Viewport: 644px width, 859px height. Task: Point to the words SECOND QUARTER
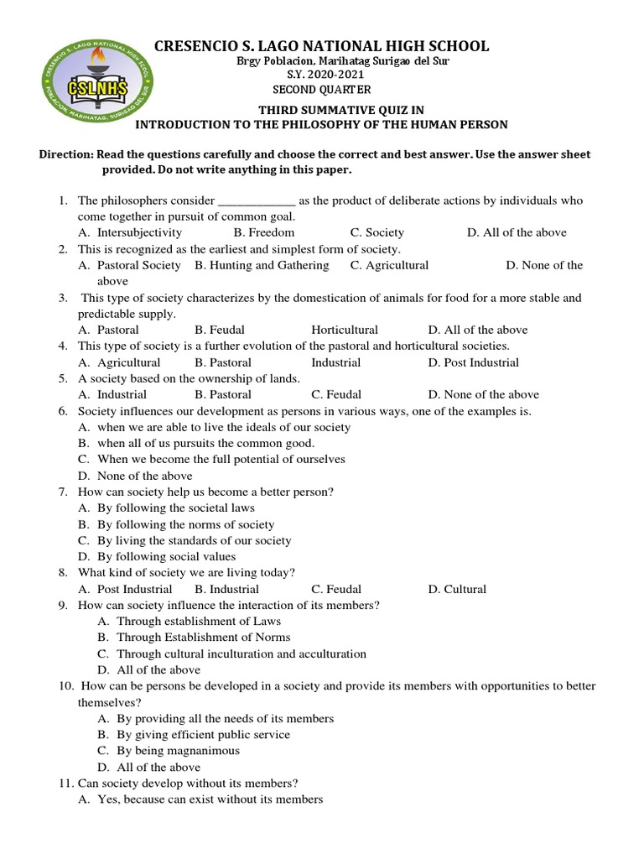coord(321,90)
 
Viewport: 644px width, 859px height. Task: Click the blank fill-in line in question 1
coord(256,201)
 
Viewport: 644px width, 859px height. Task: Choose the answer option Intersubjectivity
coord(139,232)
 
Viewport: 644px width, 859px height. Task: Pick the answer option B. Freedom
coord(264,232)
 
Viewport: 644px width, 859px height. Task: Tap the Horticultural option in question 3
coord(345,330)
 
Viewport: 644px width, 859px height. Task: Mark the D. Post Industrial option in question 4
coord(473,362)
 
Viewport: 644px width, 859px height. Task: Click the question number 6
coord(63,411)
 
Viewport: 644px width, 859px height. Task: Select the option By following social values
coord(166,556)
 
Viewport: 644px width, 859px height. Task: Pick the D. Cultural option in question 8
coord(457,589)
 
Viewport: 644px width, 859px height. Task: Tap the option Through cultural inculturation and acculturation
coord(241,653)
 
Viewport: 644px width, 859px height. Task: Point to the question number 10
coord(66,686)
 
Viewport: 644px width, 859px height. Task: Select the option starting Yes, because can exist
coord(210,799)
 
